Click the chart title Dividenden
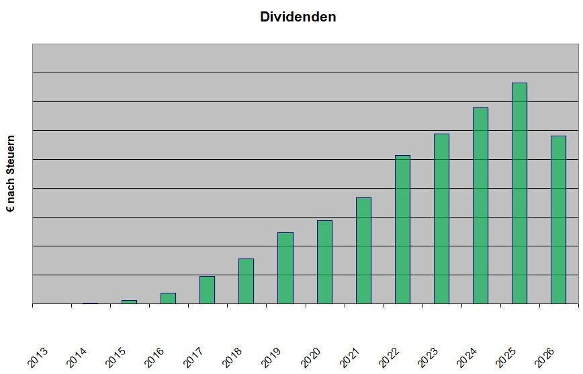298,17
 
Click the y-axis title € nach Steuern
11,174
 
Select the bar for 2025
519,193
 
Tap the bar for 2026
558,220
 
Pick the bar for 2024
480,205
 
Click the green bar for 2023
441,219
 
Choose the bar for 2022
403,230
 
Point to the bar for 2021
363,250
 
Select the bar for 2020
324,262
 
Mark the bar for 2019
285,268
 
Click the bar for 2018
246,281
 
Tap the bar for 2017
207,290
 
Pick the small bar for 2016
168,298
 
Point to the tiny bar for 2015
129,302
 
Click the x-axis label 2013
38,357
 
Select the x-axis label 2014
77,357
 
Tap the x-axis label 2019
271,357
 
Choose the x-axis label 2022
388,357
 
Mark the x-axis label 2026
544,357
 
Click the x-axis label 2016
154,357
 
